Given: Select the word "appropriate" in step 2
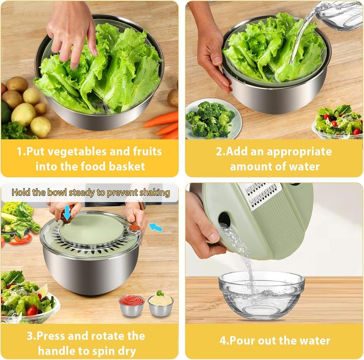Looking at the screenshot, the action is [299, 152].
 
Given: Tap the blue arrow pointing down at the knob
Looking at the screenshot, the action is [67, 213].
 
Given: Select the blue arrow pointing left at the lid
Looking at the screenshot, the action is [155, 227].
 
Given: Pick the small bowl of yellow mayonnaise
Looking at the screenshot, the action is [161, 304].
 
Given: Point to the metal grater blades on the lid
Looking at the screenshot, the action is [262, 194].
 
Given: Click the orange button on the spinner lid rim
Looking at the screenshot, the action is [134, 228].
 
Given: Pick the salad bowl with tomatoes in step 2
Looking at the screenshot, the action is [337, 122].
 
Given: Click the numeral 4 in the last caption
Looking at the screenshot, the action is [223, 341].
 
